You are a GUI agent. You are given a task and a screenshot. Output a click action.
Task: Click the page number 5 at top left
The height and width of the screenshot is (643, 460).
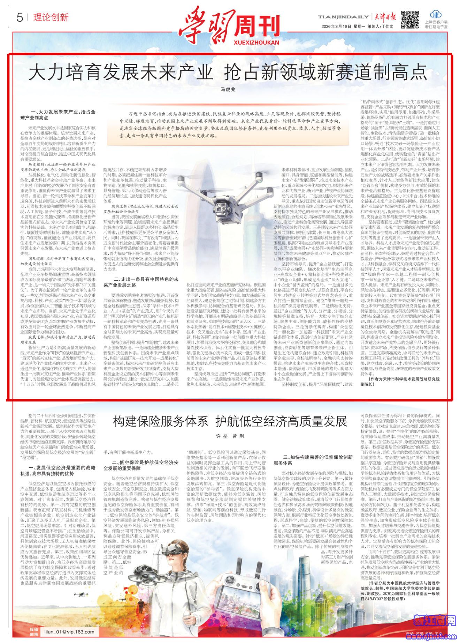coord(20,17)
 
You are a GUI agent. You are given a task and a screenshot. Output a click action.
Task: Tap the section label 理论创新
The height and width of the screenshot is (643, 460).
coord(51,17)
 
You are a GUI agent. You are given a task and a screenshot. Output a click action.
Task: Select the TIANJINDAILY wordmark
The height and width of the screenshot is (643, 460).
coord(343,17)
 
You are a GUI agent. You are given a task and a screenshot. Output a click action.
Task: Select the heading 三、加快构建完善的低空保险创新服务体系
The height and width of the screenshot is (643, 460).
coord(317,460)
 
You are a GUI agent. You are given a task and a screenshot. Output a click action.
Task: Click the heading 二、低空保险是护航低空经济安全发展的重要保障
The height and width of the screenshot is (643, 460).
coord(141,465)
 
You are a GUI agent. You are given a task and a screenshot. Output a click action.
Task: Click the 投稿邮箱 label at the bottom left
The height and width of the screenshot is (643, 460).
coord(33,631)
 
